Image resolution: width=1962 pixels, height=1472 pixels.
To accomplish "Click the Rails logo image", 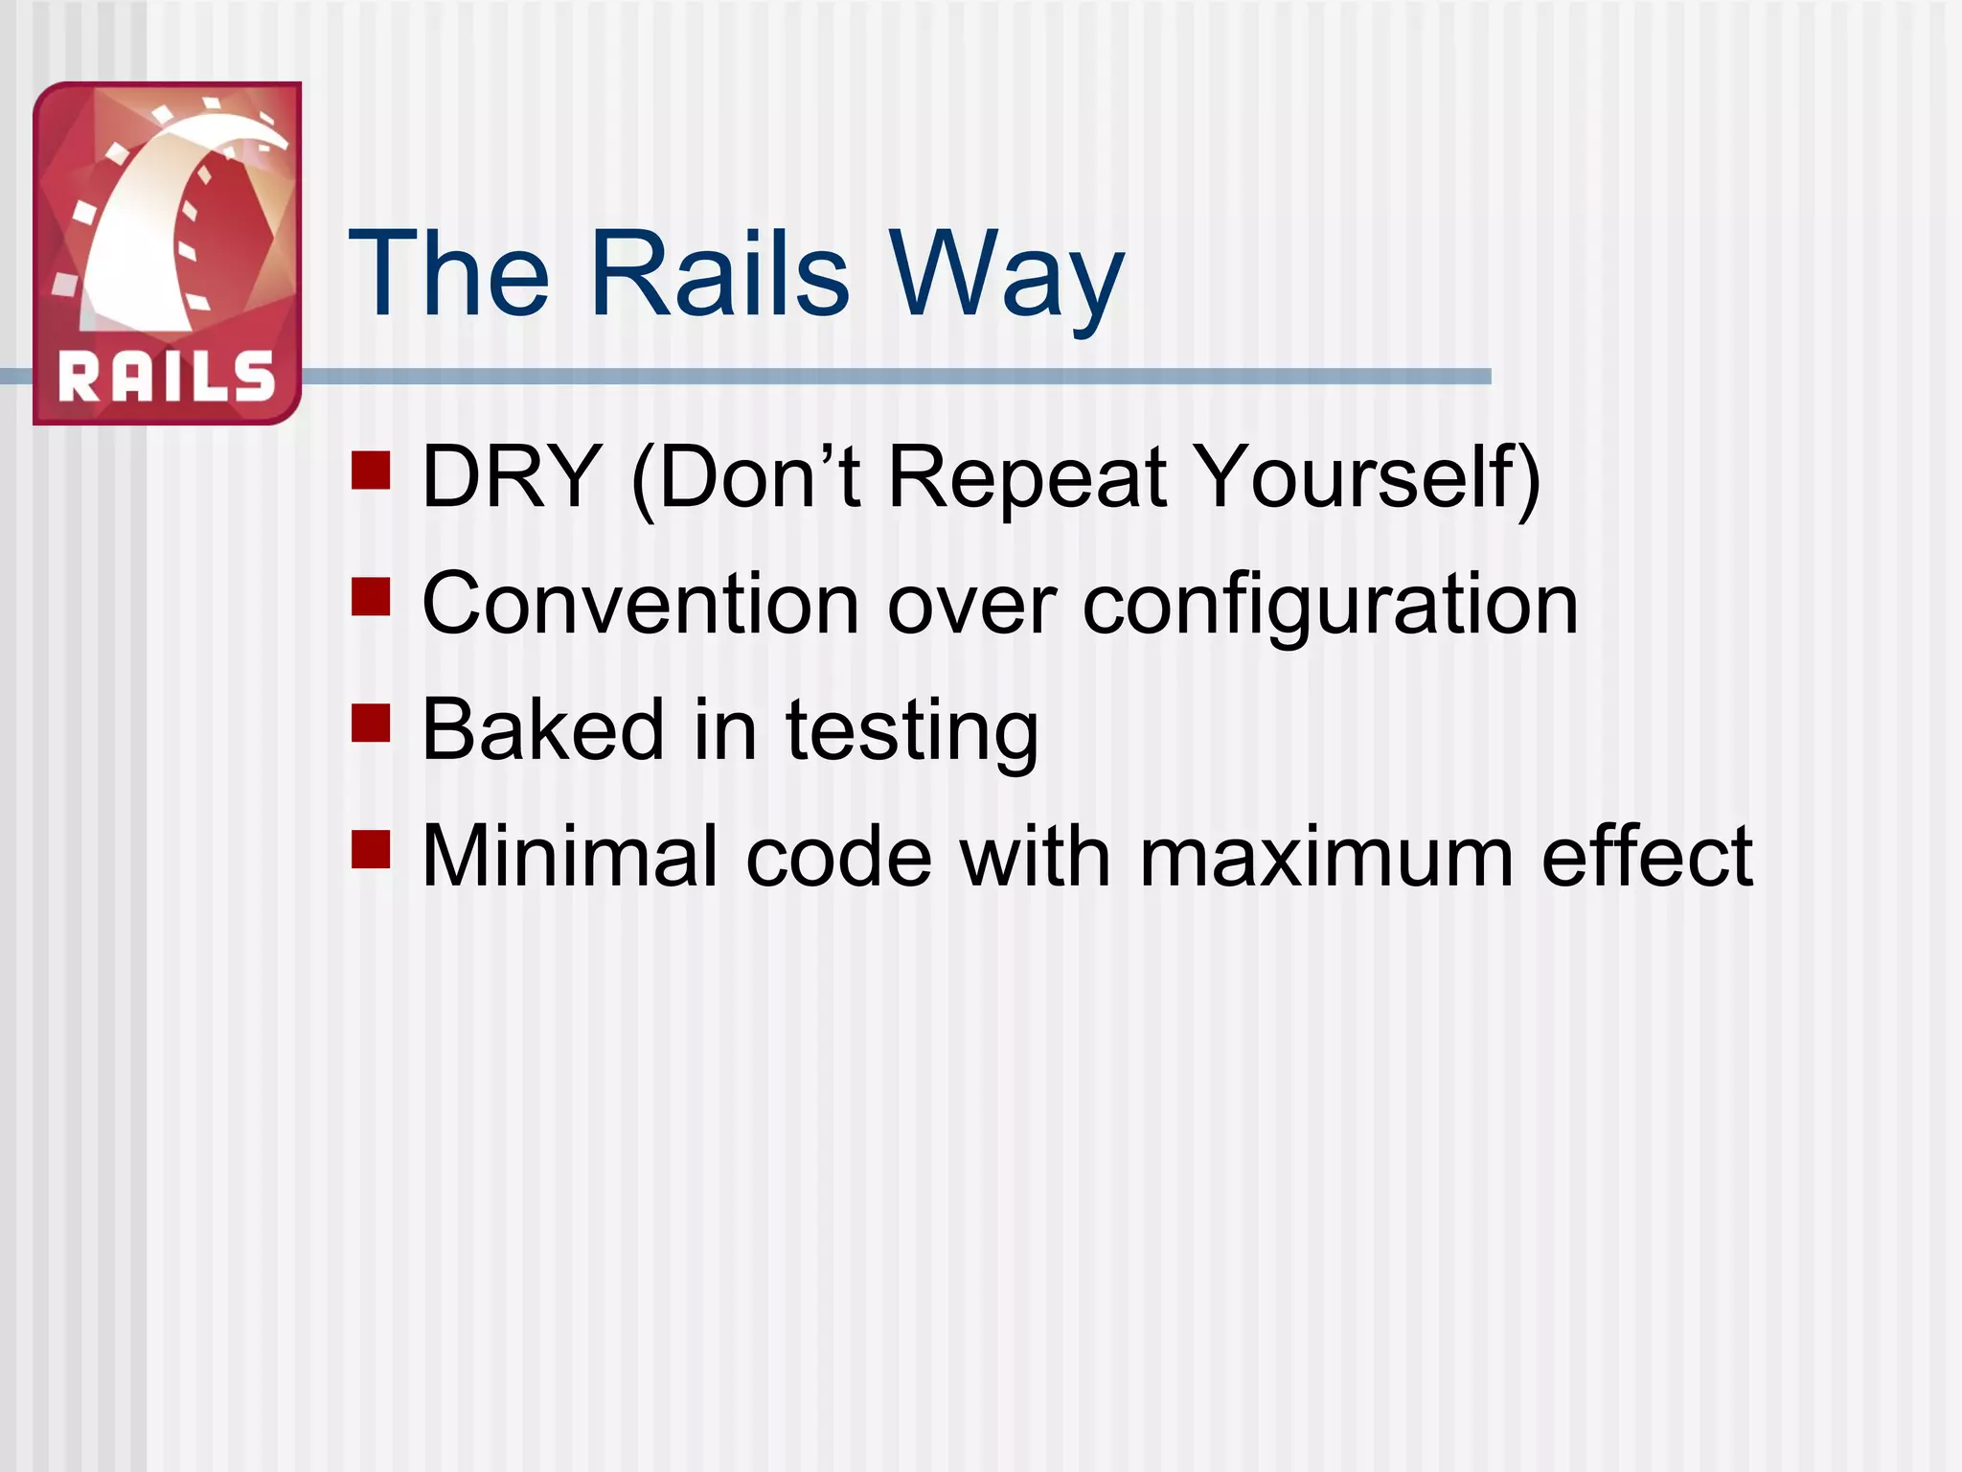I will point(168,253).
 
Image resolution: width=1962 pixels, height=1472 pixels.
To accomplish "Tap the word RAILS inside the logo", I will point(167,377).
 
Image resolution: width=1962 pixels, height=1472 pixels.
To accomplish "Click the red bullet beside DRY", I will point(371,471).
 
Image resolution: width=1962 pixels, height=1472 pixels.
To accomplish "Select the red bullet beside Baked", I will point(371,724).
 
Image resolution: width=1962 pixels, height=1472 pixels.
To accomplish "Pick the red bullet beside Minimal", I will point(371,849).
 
